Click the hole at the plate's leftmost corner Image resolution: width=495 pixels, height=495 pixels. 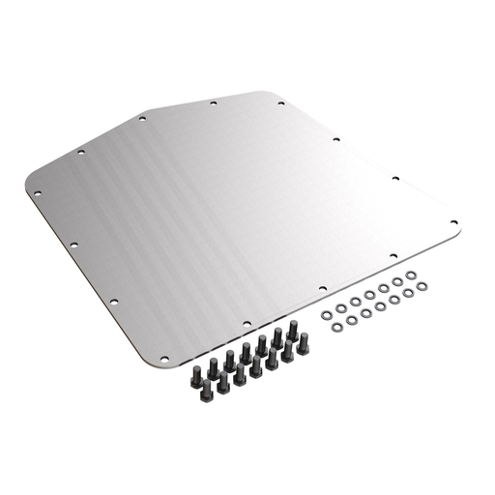click(x=38, y=193)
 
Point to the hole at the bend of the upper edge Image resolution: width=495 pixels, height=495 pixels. click(x=142, y=118)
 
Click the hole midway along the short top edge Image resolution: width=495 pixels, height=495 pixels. click(x=213, y=102)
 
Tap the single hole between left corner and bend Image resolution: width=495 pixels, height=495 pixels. click(x=81, y=152)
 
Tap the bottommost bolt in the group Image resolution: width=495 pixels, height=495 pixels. click(x=206, y=389)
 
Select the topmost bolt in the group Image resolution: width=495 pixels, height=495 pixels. click(x=292, y=330)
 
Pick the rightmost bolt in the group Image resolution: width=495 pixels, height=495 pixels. click(x=304, y=343)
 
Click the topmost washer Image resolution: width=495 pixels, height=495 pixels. click(x=411, y=276)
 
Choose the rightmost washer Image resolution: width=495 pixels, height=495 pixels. click(x=422, y=289)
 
